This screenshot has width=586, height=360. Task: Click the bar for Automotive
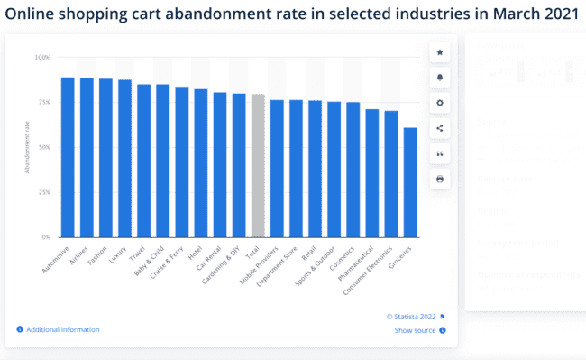tap(68, 158)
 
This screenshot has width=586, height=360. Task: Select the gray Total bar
tap(258, 166)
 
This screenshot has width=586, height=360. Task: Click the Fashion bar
tap(105, 158)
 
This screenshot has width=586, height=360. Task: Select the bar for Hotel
tap(200, 163)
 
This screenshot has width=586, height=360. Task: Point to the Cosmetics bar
tap(353, 170)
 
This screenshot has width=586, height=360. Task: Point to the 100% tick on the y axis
tap(42, 57)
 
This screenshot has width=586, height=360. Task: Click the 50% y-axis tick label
tap(43, 147)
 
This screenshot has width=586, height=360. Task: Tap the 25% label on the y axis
tap(43, 192)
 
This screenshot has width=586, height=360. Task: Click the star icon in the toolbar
tap(439, 53)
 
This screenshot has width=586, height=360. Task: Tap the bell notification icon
tap(439, 78)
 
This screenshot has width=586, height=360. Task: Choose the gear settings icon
tap(439, 104)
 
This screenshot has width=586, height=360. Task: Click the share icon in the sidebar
tap(439, 129)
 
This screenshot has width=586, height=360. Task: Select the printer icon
tap(439, 180)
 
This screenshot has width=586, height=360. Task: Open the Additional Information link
tap(62, 330)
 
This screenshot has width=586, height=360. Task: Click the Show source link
tap(416, 331)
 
